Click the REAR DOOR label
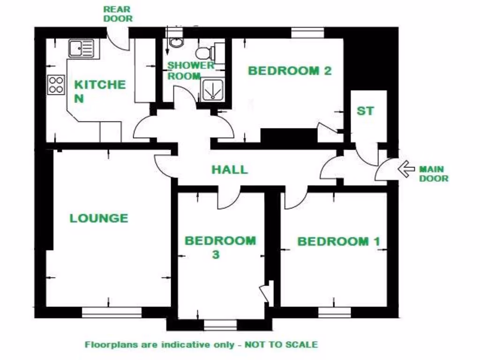tap(118, 14)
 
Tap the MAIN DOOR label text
tap(433, 173)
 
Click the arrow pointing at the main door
tap(406, 168)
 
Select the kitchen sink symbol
tap(82, 48)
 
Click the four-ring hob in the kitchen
tap(56, 85)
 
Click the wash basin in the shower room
tap(176, 43)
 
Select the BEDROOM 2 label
tap(290, 71)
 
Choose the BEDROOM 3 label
tap(220, 247)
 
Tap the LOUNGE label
tap(99, 218)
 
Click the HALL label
tap(229, 169)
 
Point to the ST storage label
tap(366, 111)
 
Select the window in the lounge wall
tap(112, 312)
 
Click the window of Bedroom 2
tap(307, 33)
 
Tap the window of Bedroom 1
tap(335, 312)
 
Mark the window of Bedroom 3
tap(220, 325)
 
